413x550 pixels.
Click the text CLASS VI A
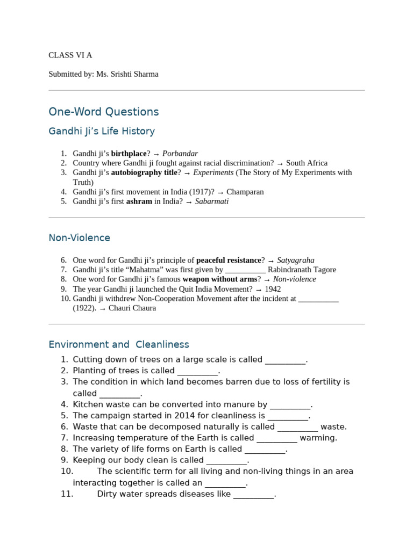point(70,55)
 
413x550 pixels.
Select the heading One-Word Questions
point(104,112)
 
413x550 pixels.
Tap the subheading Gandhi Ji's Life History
point(102,131)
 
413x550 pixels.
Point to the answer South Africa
point(307,163)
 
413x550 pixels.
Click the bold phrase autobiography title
point(144,172)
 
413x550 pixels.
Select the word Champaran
point(245,192)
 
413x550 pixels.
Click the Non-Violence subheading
point(80,237)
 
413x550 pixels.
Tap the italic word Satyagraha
point(296,260)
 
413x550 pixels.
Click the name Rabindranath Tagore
point(302,270)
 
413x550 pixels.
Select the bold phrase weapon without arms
point(220,279)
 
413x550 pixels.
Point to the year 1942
point(273,289)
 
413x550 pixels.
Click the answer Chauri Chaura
point(132,308)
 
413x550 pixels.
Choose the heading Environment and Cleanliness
point(119,344)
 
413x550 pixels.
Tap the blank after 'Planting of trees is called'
point(197,371)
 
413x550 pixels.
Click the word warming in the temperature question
point(318,438)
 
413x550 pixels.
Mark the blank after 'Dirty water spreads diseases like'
point(253,494)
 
